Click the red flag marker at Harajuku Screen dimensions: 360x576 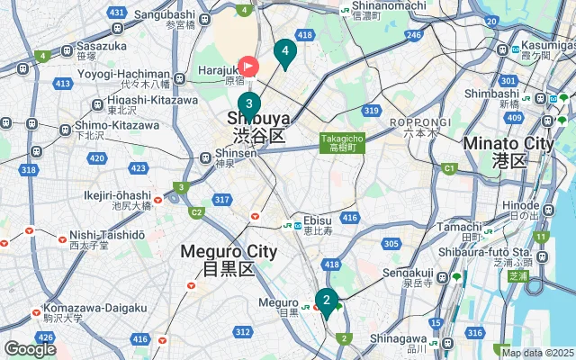(247, 66)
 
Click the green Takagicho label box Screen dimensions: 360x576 (342, 142)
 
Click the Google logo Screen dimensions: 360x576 (30, 349)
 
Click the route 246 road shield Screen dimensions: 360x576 (413, 35)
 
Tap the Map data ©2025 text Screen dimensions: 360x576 (537, 353)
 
